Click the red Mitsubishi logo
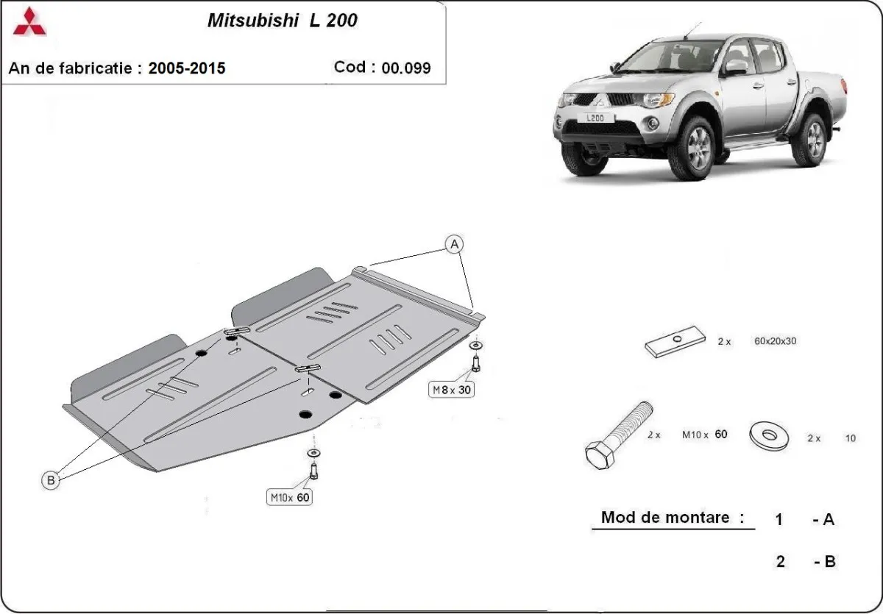coord(29,23)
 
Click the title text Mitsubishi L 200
coord(283,21)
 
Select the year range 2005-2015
coord(187,68)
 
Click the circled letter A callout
coord(455,243)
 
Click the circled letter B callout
coord(50,480)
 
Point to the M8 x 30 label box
coord(451,390)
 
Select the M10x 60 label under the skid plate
coord(289,498)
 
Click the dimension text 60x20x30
coord(776,341)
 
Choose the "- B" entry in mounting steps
coord(824,561)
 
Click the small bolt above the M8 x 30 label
coord(475,362)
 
